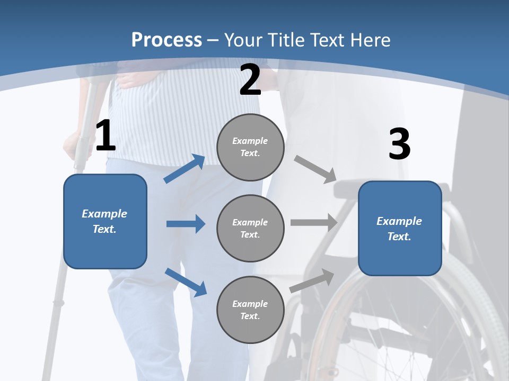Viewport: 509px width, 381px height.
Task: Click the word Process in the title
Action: (x=166, y=40)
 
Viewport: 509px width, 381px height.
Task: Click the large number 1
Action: (x=105, y=136)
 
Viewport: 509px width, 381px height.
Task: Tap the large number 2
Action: (x=250, y=80)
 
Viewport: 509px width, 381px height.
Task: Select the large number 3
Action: (x=399, y=144)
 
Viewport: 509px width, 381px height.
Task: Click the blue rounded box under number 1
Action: (x=105, y=221)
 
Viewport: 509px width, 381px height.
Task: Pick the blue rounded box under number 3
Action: (x=400, y=228)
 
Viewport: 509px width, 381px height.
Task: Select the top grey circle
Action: (x=250, y=147)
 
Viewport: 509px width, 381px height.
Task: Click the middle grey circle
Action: (x=250, y=228)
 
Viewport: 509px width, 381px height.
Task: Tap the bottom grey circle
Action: (x=250, y=310)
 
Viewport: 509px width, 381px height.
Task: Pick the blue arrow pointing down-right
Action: (x=186, y=282)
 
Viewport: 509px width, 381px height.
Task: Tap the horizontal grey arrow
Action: (x=314, y=223)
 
